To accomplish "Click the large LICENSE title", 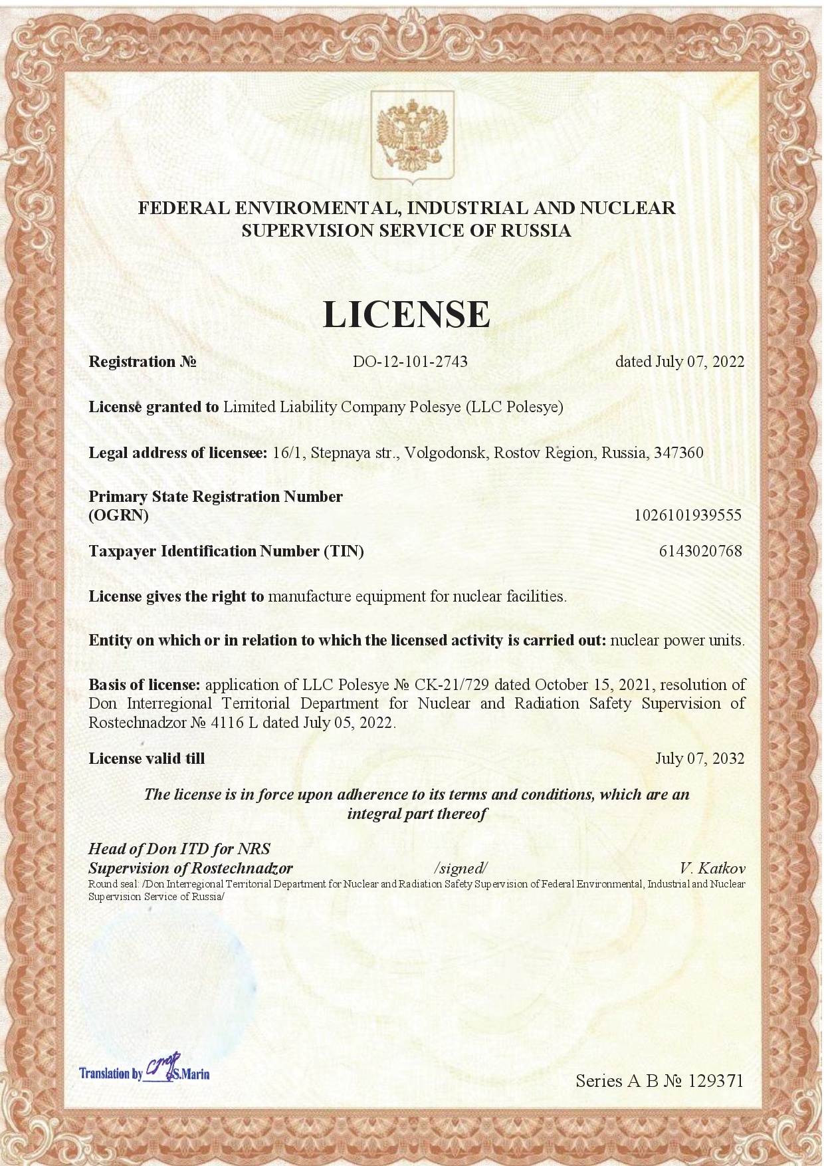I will pos(407,314).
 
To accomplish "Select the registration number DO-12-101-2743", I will pos(410,362).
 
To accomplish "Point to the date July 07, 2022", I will pos(700,362).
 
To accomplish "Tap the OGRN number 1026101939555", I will pos(688,515).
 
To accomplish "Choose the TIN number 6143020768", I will pos(700,551).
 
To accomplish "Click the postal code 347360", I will pos(678,453).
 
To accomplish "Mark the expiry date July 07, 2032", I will pos(700,758).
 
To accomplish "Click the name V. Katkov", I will pos(712,868).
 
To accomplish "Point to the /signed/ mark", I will pos(461,868).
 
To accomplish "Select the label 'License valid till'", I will pos(147,758).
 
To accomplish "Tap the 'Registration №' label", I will pos(142,362).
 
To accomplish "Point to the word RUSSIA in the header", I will pos(535,231).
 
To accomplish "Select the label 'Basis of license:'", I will pos(144,685).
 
